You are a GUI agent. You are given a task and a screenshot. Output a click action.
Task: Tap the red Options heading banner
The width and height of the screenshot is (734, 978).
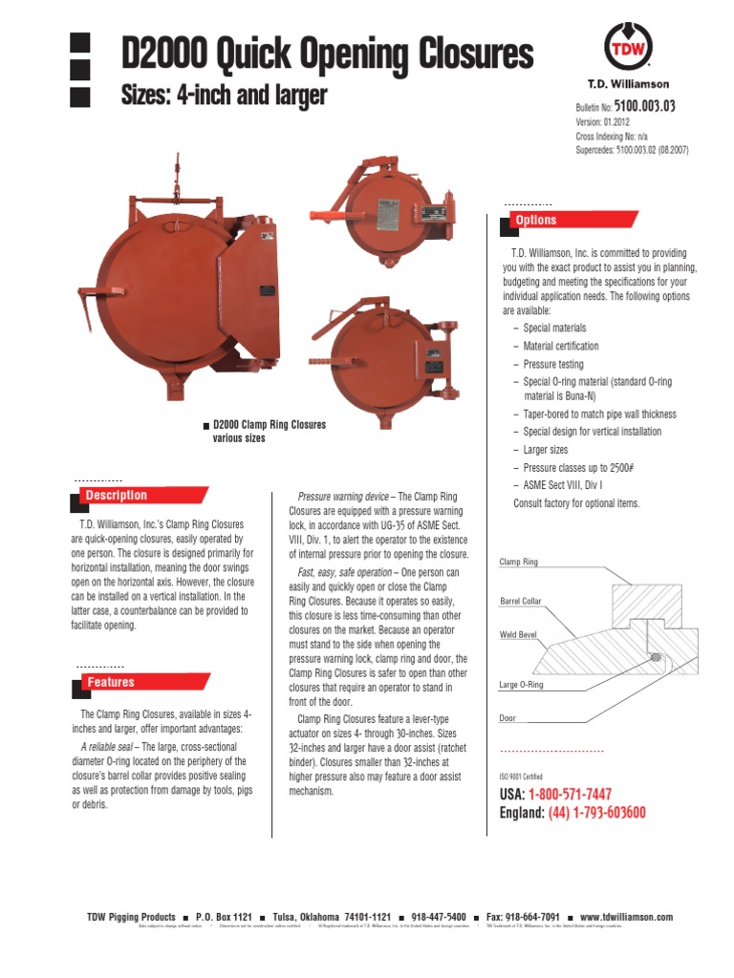(x=536, y=221)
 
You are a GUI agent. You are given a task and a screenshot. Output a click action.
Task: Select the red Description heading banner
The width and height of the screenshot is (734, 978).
(x=117, y=496)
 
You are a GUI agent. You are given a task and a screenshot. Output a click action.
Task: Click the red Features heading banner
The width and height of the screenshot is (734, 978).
(x=111, y=683)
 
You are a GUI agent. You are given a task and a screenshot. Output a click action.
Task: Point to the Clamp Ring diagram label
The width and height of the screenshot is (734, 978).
(x=519, y=563)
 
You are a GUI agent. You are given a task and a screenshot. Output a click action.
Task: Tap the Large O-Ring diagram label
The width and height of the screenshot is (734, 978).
(x=522, y=686)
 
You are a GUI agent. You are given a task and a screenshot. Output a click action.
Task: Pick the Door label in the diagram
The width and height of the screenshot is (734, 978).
(x=507, y=717)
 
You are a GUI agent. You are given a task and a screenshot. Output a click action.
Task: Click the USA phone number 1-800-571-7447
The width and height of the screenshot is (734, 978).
(x=576, y=795)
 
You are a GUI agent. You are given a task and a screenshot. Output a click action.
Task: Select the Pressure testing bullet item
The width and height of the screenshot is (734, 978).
(x=553, y=365)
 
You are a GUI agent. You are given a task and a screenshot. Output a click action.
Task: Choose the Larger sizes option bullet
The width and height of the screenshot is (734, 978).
(x=546, y=450)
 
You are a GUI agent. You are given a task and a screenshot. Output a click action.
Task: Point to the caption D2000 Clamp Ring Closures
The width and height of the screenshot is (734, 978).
(x=269, y=425)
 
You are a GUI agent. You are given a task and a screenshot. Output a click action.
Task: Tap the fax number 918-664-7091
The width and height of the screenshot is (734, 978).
(x=537, y=917)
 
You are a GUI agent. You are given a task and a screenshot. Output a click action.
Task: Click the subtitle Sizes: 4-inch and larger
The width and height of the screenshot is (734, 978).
(x=224, y=96)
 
